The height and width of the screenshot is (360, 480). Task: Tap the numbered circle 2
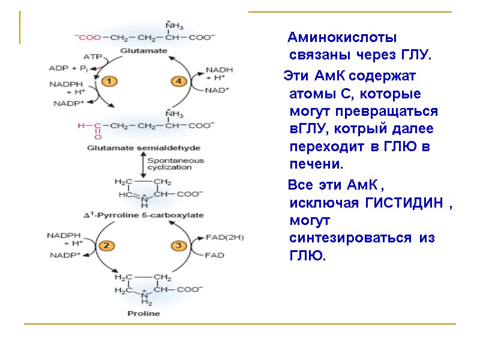107,245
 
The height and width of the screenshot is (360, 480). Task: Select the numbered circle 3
179,245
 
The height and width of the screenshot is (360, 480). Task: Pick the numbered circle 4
179,80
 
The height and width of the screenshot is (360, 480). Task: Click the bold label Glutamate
144,52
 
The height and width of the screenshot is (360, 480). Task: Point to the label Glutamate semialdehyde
144,147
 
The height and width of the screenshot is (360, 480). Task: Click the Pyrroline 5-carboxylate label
143,215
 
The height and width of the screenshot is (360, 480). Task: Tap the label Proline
144,313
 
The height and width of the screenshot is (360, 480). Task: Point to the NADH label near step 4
218,70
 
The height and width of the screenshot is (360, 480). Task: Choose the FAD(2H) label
225,237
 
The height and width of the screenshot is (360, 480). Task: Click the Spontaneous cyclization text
175,164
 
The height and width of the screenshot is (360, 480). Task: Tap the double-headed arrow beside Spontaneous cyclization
142,164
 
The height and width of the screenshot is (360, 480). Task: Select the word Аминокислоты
342,38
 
